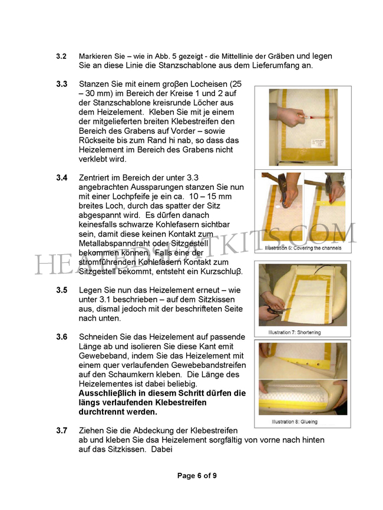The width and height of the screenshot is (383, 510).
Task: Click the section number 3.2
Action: [61, 56]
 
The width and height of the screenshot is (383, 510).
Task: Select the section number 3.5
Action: [61, 290]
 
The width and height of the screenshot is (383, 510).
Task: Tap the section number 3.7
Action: [61, 430]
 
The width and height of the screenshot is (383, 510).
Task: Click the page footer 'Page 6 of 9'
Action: [197, 476]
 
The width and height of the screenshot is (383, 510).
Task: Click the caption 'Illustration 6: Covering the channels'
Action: [302, 248]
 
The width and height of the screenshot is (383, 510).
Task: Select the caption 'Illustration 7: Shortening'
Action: [295, 333]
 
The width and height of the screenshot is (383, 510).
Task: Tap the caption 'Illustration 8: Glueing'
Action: [293, 422]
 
